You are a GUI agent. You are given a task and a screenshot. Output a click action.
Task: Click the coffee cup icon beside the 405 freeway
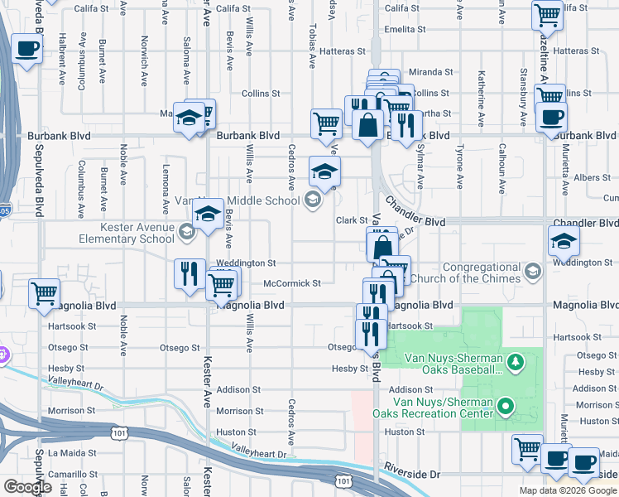(27, 51)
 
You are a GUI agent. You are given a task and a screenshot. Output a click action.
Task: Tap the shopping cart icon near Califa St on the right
(547, 15)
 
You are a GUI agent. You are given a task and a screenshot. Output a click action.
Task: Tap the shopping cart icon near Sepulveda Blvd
(43, 293)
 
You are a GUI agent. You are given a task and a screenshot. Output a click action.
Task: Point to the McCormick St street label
(291, 283)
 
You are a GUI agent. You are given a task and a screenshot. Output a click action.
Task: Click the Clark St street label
(351, 220)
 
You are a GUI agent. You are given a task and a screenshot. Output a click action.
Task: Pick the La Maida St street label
(73, 453)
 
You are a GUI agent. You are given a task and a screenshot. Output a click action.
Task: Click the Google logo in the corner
(27, 487)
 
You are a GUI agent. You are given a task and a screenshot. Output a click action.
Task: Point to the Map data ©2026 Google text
(568, 490)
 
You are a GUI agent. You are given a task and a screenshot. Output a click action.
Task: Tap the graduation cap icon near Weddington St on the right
(564, 241)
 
